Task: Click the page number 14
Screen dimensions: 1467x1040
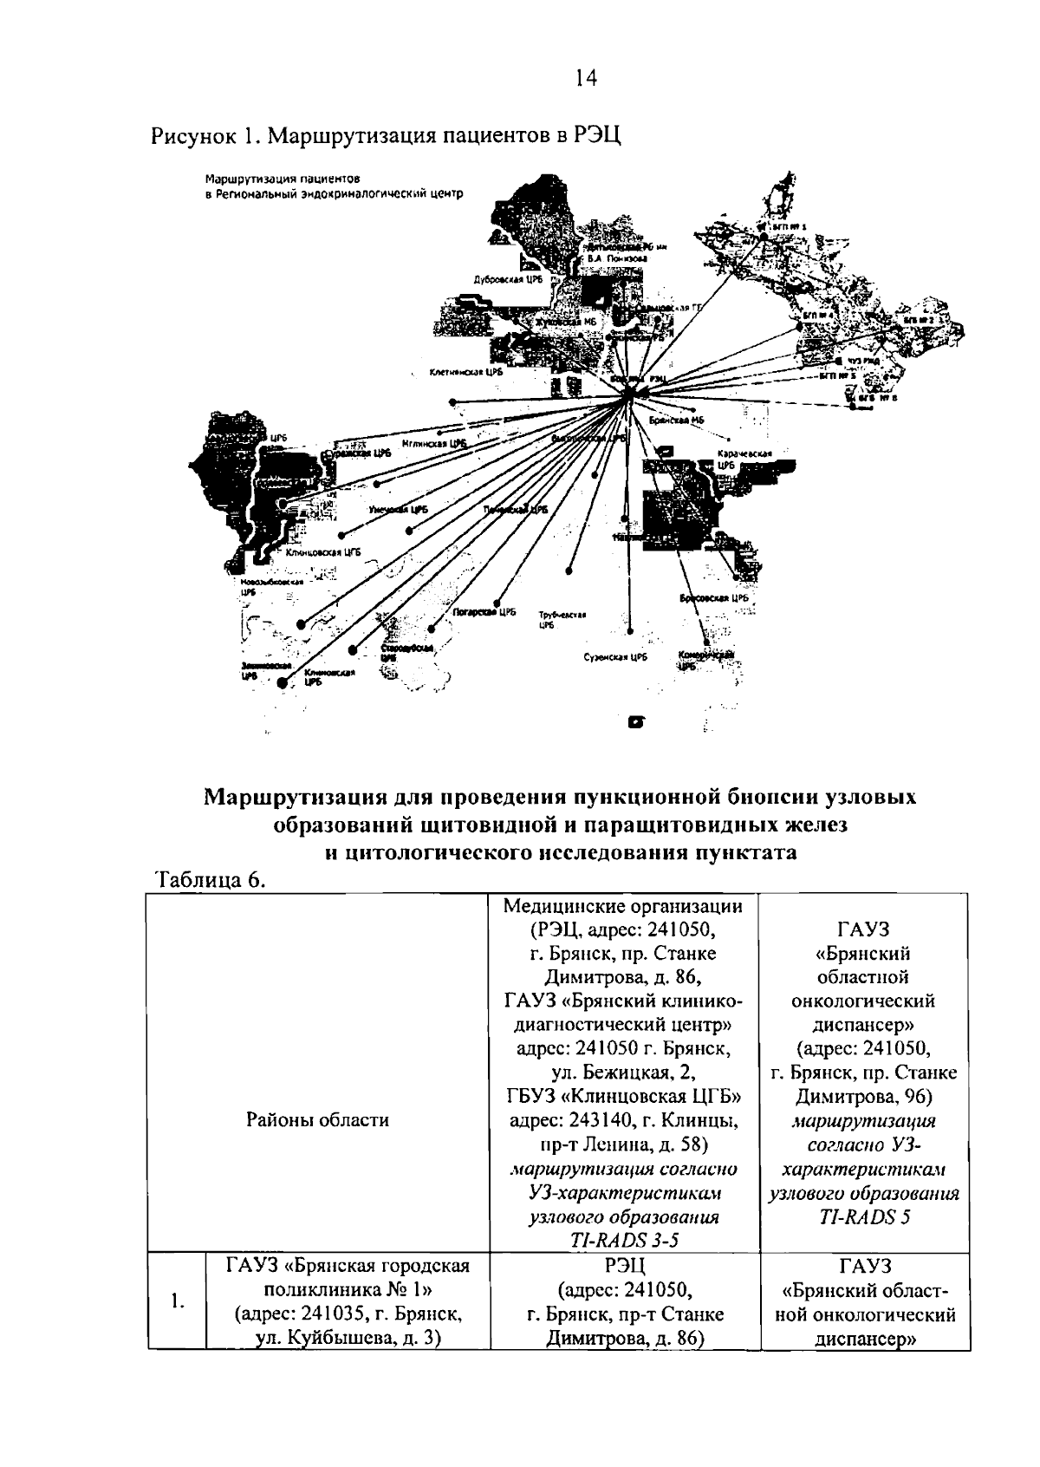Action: click(585, 79)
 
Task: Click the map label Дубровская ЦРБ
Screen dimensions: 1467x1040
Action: click(508, 281)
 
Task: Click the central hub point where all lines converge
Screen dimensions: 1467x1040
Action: click(630, 394)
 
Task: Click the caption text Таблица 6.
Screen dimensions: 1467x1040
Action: click(208, 879)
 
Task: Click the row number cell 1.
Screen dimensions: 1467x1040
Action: click(177, 1301)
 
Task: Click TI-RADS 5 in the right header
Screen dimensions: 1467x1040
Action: click(863, 1216)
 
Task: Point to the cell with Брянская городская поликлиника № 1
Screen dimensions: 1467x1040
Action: click(348, 1301)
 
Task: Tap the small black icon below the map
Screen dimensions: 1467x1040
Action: click(637, 721)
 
